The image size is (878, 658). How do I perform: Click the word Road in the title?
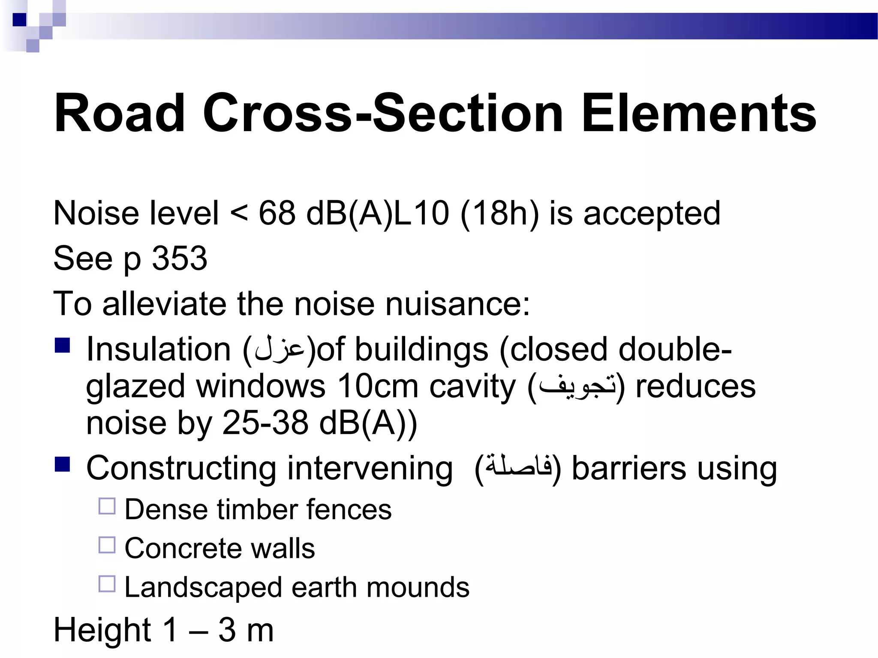(120, 114)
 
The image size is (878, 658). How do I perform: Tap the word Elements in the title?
(698, 114)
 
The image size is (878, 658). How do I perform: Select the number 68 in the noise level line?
(277, 213)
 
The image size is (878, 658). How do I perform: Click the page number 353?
(180, 258)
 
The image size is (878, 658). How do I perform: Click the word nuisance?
(457, 304)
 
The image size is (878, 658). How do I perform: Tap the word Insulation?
(159, 350)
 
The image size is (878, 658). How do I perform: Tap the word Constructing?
(181, 469)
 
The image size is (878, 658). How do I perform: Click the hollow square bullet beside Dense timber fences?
(107, 506)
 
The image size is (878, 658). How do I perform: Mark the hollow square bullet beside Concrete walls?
(107, 545)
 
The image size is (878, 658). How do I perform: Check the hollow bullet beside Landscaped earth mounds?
(107, 584)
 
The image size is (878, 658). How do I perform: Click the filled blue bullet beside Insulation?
(63, 345)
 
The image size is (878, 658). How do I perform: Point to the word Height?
(102, 630)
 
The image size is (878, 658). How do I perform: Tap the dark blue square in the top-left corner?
(20, 20)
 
